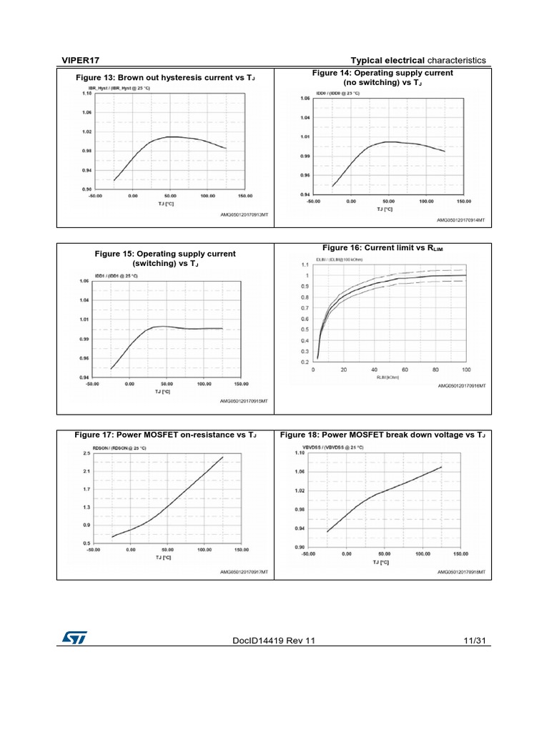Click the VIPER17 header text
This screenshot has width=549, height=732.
click(x=73, y=60)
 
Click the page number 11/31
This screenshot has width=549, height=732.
click(x=474, y=640)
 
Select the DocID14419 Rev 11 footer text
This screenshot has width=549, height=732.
click(x=274, y=640)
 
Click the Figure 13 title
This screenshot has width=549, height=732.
click(x=165, y=77)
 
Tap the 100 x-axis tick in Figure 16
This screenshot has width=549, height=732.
click(x=466, y=370)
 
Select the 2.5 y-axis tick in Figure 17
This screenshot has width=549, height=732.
click(x=86, y=453)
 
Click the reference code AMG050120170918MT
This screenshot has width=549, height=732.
click(x=461, y=573)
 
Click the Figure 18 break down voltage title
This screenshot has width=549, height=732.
click(x=382, y=435)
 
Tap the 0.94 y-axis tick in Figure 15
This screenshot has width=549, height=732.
click(x=84, y=377)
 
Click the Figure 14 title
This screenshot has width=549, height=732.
click(x=382, y=78)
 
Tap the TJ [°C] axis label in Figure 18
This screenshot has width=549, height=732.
click(x=383, y=563)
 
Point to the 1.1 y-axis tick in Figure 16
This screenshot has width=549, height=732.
click(x=305, y=264)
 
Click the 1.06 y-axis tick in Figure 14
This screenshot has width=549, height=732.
click(x=305, y=98)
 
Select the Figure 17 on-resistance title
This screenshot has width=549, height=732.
click(x=165, y=435)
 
